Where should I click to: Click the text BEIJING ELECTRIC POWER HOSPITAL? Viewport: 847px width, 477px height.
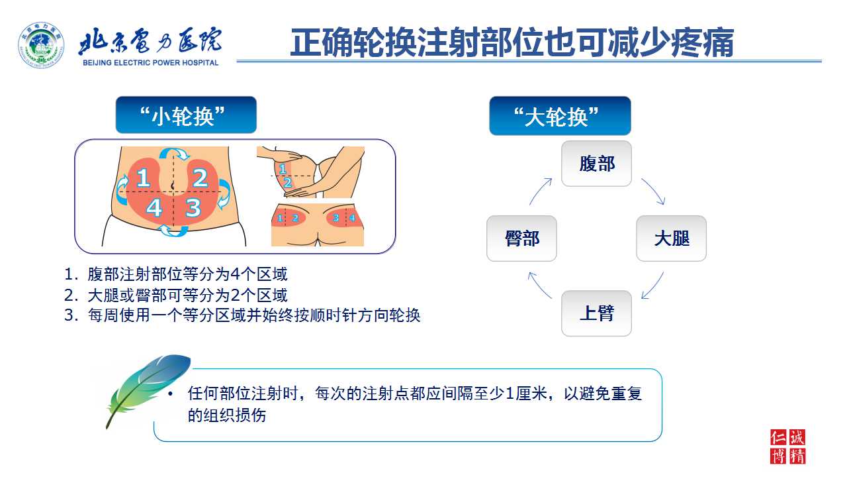150,63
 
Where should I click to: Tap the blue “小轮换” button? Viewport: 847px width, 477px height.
186,115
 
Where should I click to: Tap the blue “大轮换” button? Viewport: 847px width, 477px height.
560,116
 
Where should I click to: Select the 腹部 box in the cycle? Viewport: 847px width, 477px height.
596,164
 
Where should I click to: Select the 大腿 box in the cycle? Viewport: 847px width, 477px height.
671,238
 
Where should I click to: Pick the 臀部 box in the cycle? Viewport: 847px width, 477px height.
521,238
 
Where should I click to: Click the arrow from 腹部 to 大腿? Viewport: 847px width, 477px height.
655,189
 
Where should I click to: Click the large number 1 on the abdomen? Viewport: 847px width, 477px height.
143,178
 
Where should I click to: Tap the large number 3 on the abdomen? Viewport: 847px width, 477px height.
193,207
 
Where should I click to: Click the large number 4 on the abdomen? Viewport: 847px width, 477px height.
154,207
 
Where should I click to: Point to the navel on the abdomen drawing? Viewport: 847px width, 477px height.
173,185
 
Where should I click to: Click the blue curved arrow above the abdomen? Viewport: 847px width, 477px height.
174,153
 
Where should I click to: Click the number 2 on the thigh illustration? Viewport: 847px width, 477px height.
288,183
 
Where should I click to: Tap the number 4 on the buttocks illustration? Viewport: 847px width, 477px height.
352,218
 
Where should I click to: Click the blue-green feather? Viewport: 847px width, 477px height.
148,390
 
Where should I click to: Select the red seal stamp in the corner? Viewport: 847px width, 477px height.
788,447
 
